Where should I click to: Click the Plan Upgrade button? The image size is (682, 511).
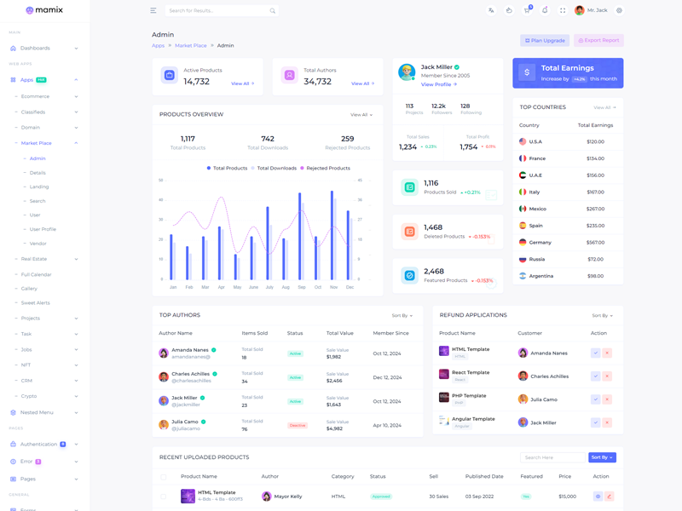pyautogui.click(x=545, y=40)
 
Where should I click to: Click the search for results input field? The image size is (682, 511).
pyautogui.click(x=217, y=10)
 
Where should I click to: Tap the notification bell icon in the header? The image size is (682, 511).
pyautogui.click(x=545, y=10)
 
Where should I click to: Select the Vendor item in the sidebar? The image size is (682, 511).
pyautogui.click(x=38, y=244)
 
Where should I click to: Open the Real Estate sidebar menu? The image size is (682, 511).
pyautogui.click(x=34, y=259)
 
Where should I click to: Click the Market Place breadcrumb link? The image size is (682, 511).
pyautogui.click(x=191, y=46)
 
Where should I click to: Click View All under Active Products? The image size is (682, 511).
pyautogui.click(x=242, y=83)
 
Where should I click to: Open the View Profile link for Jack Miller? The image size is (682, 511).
pyautogui.click(x=439, y=84)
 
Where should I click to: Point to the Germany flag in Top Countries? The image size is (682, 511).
pyautogui.click(x=523, y=243)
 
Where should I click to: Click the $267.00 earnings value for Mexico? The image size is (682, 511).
pyautogui.click(x=595, y=209)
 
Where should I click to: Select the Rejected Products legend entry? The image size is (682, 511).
pyautogui.click(x=325, y=169)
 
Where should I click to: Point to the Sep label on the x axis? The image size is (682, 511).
pyautogui.click(x=302, y=287)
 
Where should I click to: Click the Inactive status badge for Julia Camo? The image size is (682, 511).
pyautogui.click(x=297, y=425)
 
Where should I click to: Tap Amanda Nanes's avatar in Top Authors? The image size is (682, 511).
pyautogui.click(x=164, y=353)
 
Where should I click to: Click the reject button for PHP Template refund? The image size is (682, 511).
pyautogui.click(x=607, y=399)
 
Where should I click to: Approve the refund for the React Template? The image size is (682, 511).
pyautogui.click(x=595, y=376)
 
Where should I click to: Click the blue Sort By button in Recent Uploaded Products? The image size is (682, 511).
pyautogui.click(x=602, y=457)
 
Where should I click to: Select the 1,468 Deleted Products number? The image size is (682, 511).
pyautogui.click(x=433, y=227)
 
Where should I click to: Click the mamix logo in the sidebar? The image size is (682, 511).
pyautogui.click(x=43, y=10)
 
